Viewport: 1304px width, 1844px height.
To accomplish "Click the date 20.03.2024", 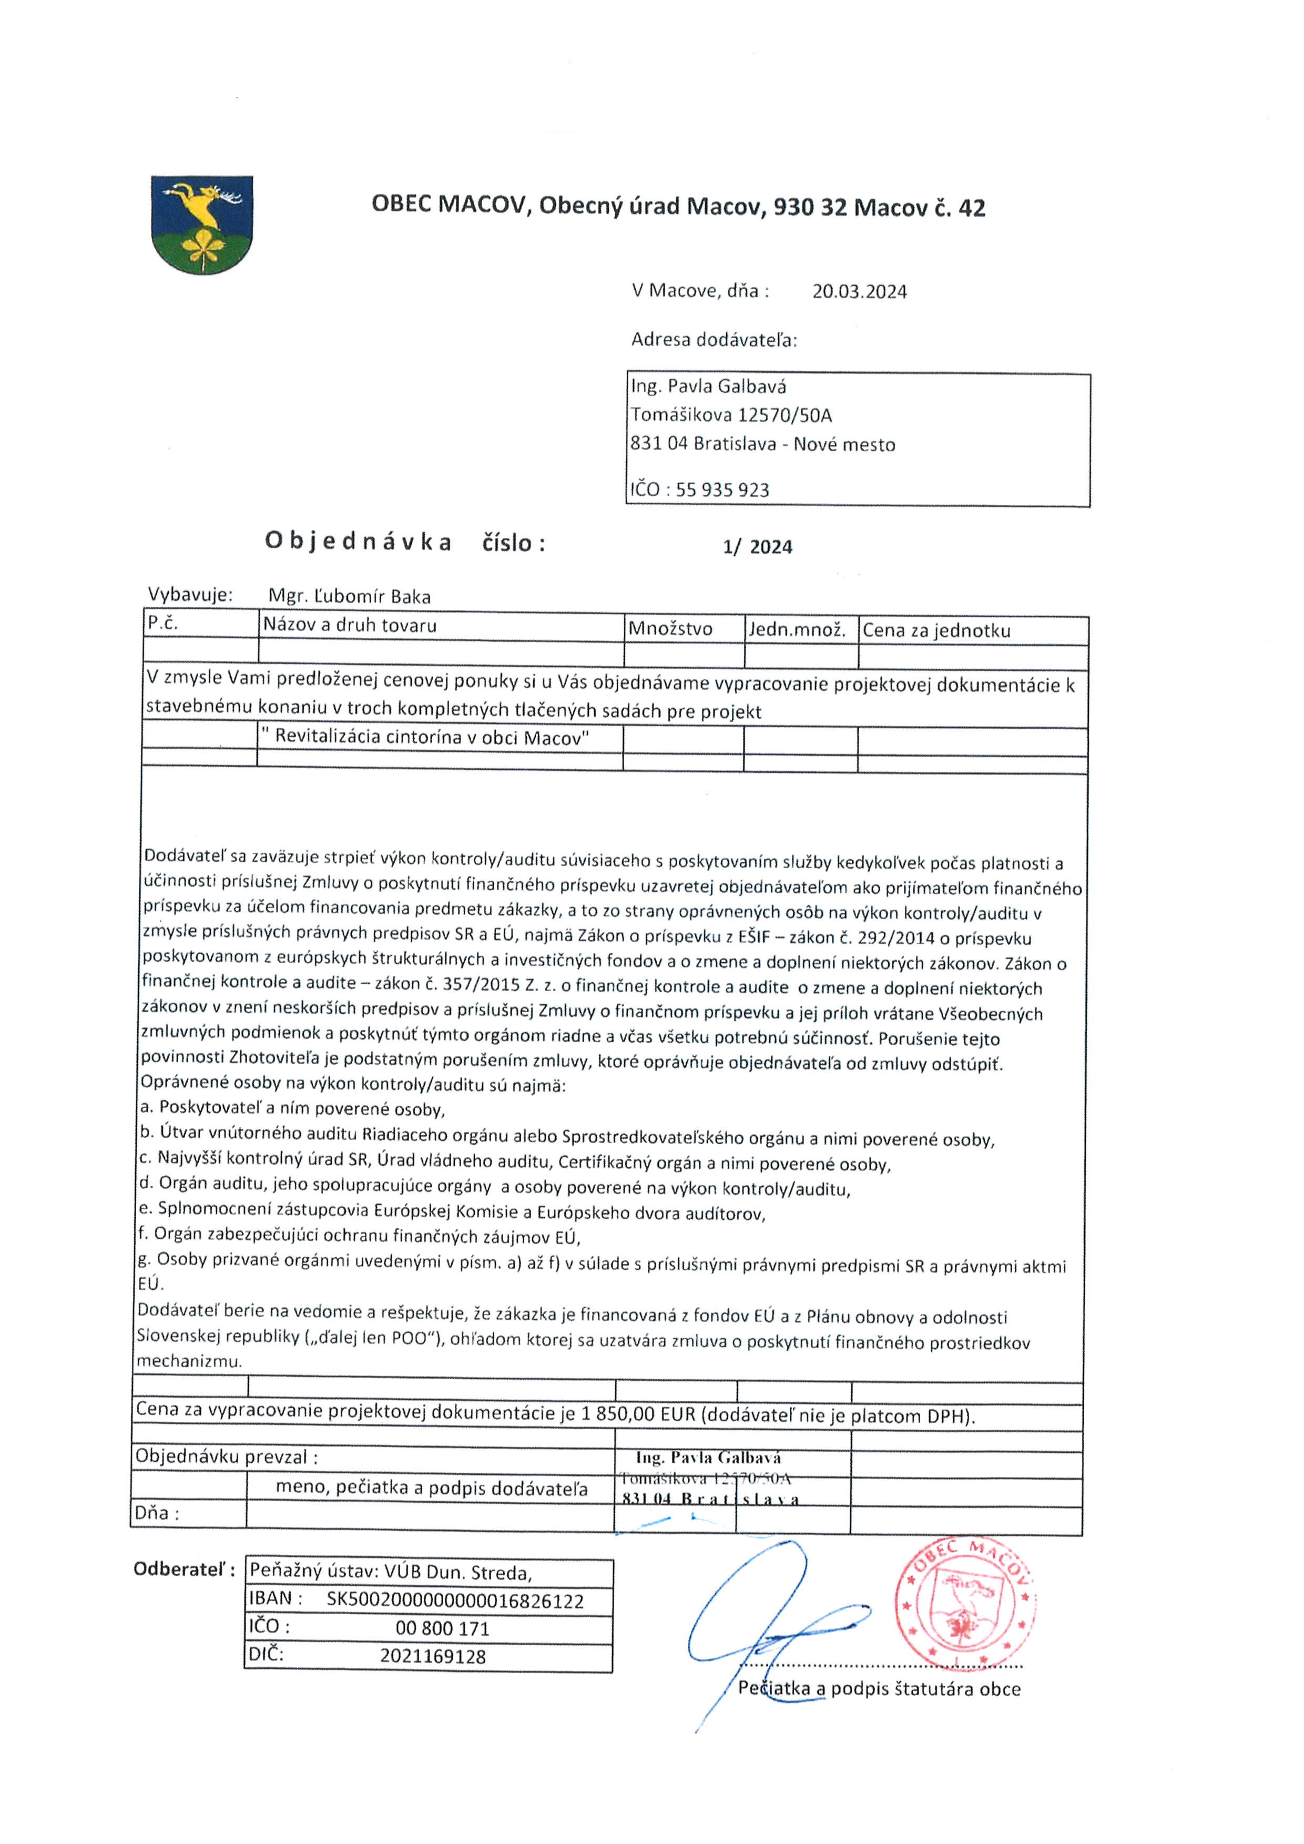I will coord(859,291).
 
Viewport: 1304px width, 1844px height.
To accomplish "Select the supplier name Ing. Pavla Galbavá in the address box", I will coord(708,386).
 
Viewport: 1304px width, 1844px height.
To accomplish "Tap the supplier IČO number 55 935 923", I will coord(722,490).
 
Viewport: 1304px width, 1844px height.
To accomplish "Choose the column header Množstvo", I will coord(670,629).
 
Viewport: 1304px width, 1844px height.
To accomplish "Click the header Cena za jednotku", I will coord(936,630).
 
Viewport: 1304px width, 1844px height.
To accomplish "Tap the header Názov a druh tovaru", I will coord(350,626).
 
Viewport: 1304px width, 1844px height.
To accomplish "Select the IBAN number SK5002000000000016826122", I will coord(454,1601).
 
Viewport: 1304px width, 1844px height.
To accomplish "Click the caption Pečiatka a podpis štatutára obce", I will coord(879,1689).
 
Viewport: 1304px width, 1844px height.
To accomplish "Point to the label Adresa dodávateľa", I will coord(714,340).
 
